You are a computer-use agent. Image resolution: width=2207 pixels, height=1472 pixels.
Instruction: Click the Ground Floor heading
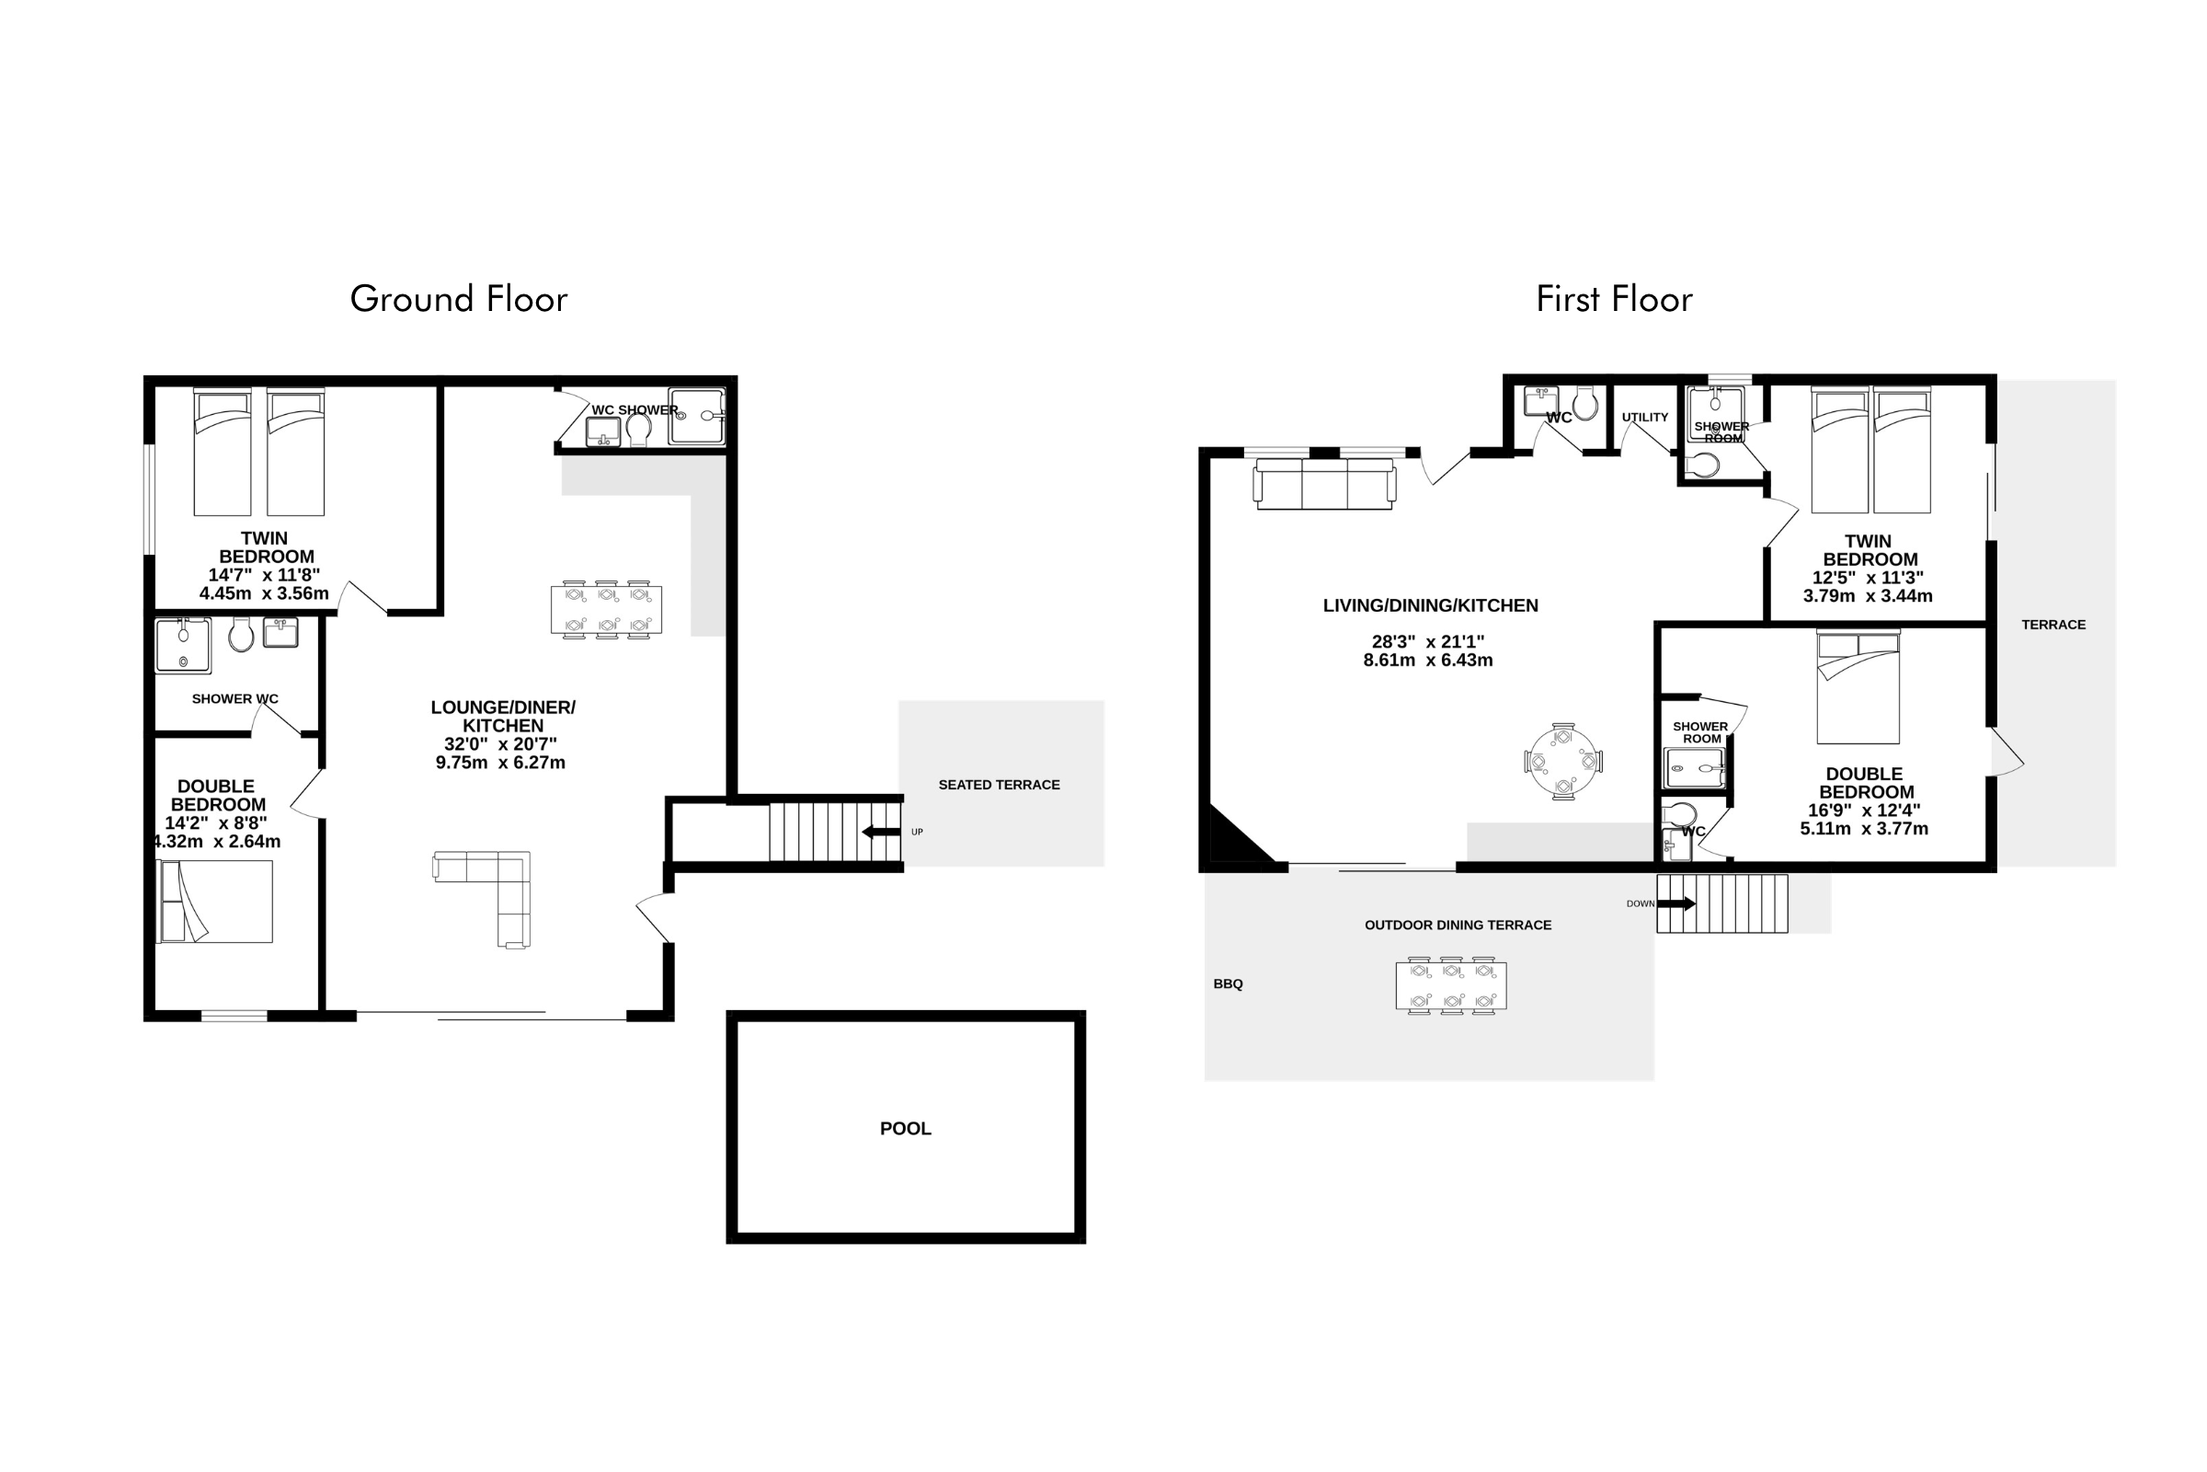pos(459,300)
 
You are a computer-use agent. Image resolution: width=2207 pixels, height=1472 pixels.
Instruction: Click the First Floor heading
pos(1614,300)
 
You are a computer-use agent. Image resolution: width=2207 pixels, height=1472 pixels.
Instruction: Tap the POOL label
pos(906,1129)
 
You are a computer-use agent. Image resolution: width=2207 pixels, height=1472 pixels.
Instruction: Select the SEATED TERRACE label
pos(1000,785)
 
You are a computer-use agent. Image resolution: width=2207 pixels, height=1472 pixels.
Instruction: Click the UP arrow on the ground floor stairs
pos(881,832)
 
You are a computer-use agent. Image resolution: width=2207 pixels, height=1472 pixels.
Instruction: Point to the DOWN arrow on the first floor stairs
pos(1676,904)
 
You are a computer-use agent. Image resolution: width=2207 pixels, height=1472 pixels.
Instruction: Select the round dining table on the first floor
pos(1563,762)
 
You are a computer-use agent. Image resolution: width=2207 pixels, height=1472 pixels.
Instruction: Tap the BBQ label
pos(1228,983)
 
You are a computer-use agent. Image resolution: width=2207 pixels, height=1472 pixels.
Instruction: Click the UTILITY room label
pos(1645,418)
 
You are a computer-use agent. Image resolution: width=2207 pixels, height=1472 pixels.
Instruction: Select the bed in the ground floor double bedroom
pos(215,902)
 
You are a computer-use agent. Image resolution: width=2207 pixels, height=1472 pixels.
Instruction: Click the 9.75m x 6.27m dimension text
pos(500,764)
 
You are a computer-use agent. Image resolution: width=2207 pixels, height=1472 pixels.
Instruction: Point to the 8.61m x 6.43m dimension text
pos(1428,661)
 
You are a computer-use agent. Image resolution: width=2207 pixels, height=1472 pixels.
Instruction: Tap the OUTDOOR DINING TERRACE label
pos(1458,926)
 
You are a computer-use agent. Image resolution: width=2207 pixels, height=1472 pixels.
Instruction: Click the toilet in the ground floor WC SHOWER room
pos(639,430)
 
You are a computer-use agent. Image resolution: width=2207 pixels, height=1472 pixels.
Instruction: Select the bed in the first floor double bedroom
pos(1858,687)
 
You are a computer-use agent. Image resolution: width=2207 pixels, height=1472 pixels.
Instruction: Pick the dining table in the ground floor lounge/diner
pos(606,609)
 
